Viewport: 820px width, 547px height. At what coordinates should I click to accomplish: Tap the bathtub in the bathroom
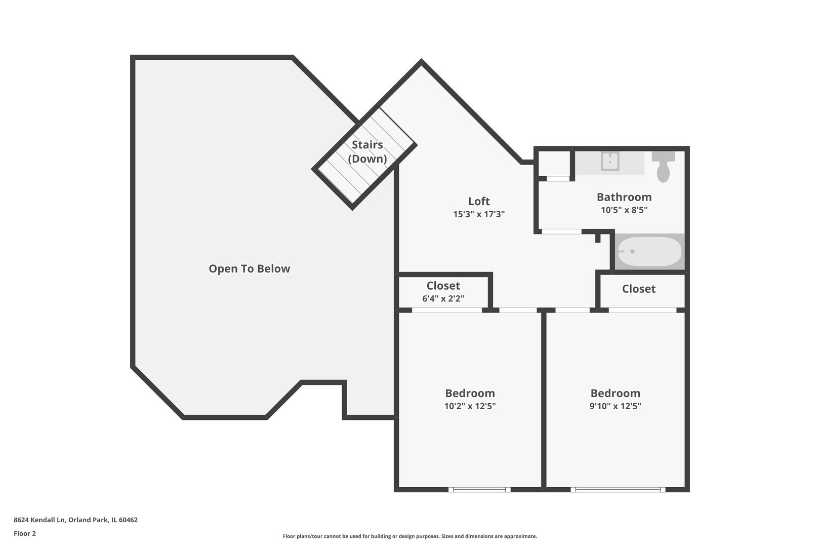click(x=649, y=251)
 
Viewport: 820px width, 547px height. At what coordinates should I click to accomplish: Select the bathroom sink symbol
click(x=610, y=162)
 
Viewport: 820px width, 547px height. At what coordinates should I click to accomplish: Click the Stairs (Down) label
click(x=367, y=151)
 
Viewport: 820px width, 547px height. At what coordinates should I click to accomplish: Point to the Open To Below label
click(x=249, y=269)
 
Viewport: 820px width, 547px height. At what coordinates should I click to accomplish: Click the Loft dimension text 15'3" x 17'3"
click(x=479, y=214)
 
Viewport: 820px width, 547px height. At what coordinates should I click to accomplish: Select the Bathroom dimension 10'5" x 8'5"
click(x=624, y=210)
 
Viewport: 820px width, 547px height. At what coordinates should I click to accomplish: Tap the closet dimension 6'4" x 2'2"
click(x=443, y=299)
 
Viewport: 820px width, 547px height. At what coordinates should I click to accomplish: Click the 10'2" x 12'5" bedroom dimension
click(x=470, y=406)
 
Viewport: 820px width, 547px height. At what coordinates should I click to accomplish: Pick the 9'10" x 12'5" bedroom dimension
click(x=615, y=406)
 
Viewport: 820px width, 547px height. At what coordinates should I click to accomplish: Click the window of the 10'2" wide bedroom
click(x=479, y=489)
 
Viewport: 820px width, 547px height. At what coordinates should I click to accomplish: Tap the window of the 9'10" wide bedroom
click(x=618, y=489)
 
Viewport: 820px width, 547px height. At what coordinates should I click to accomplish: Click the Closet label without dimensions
click(x=638, y=289)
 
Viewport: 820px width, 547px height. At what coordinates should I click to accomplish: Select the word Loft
click(x=479, y=201)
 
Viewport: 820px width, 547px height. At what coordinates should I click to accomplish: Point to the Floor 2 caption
click(x=25, y=533)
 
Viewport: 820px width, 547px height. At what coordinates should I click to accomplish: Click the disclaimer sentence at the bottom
click(x=409, y=536)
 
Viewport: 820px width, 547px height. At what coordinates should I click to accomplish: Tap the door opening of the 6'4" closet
click(x=446, y=309)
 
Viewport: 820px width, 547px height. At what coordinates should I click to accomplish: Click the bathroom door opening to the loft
click(x=561, y=231)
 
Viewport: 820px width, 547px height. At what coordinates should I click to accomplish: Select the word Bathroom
click(x=624, y=197)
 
